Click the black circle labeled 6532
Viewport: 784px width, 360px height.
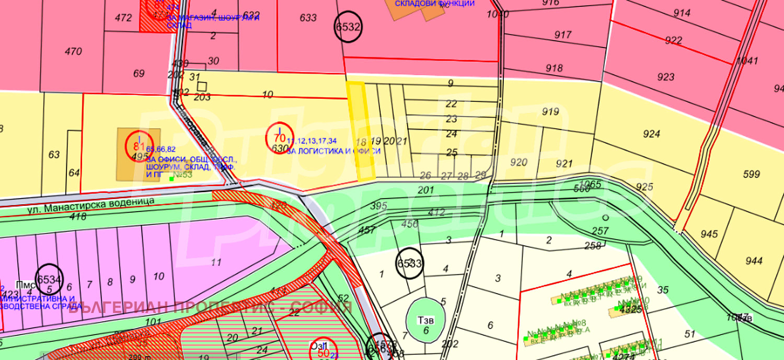pos(348,27)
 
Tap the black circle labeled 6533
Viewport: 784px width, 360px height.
pos(410,263)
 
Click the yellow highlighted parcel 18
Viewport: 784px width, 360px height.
pos(361,132)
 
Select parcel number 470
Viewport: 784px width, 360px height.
pos(73,51)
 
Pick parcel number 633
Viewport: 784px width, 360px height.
pos(308,17)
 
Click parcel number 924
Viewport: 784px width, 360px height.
pos(651,134)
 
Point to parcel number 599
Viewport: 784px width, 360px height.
pos(752,174)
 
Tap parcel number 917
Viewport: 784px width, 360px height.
pos(563,35)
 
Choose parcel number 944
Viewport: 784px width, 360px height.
pos(754,260)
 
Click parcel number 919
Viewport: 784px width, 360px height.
pos(550,111)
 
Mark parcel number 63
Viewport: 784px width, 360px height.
pos(54,155)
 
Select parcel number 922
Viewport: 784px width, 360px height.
pos(674,40)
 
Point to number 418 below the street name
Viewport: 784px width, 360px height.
pos(78,216)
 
